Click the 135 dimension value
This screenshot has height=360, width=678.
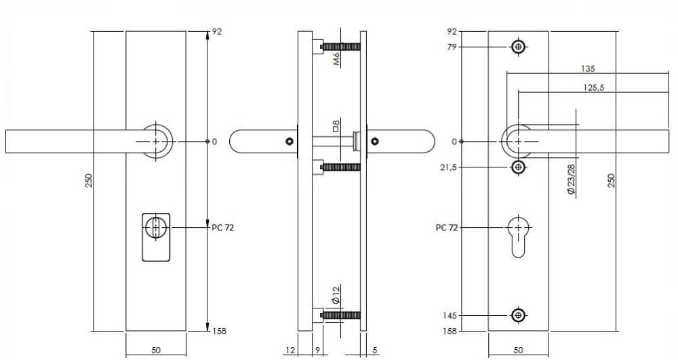588,68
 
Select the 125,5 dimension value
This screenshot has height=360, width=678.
594,87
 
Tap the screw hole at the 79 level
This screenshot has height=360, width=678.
519,47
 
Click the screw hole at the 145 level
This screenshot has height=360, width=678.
519,315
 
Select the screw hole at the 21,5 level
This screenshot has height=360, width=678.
519,167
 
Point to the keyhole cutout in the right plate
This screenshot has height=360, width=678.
519,236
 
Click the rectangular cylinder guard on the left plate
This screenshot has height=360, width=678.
156,237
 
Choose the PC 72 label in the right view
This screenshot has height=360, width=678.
447,228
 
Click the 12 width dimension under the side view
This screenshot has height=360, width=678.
290,351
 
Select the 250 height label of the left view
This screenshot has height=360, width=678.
88,181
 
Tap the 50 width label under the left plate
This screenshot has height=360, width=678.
156,351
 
